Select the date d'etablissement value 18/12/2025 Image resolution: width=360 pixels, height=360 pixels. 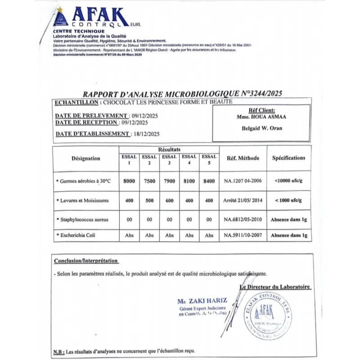click(x=146, y=134)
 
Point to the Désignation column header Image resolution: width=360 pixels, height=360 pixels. click(x=86, y=158)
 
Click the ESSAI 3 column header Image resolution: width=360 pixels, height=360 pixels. click(x=169, y=160)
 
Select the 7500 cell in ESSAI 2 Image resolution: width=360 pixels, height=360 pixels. click(x=149, y=181)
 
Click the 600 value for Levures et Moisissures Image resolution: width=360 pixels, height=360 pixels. click(x=169, y=201)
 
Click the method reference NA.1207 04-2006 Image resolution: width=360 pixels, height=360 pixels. click(x=243, y=181)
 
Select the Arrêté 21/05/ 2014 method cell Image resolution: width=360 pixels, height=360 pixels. click(x=243, y=201)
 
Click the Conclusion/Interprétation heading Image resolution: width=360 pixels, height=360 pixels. click(x=86, y=261)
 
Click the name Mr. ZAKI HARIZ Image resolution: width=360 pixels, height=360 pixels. click(x=202, y=300)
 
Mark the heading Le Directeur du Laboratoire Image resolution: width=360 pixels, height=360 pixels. click(x=275, y=287)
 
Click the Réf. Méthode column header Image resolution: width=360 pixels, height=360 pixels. click(x=243, y=158)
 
